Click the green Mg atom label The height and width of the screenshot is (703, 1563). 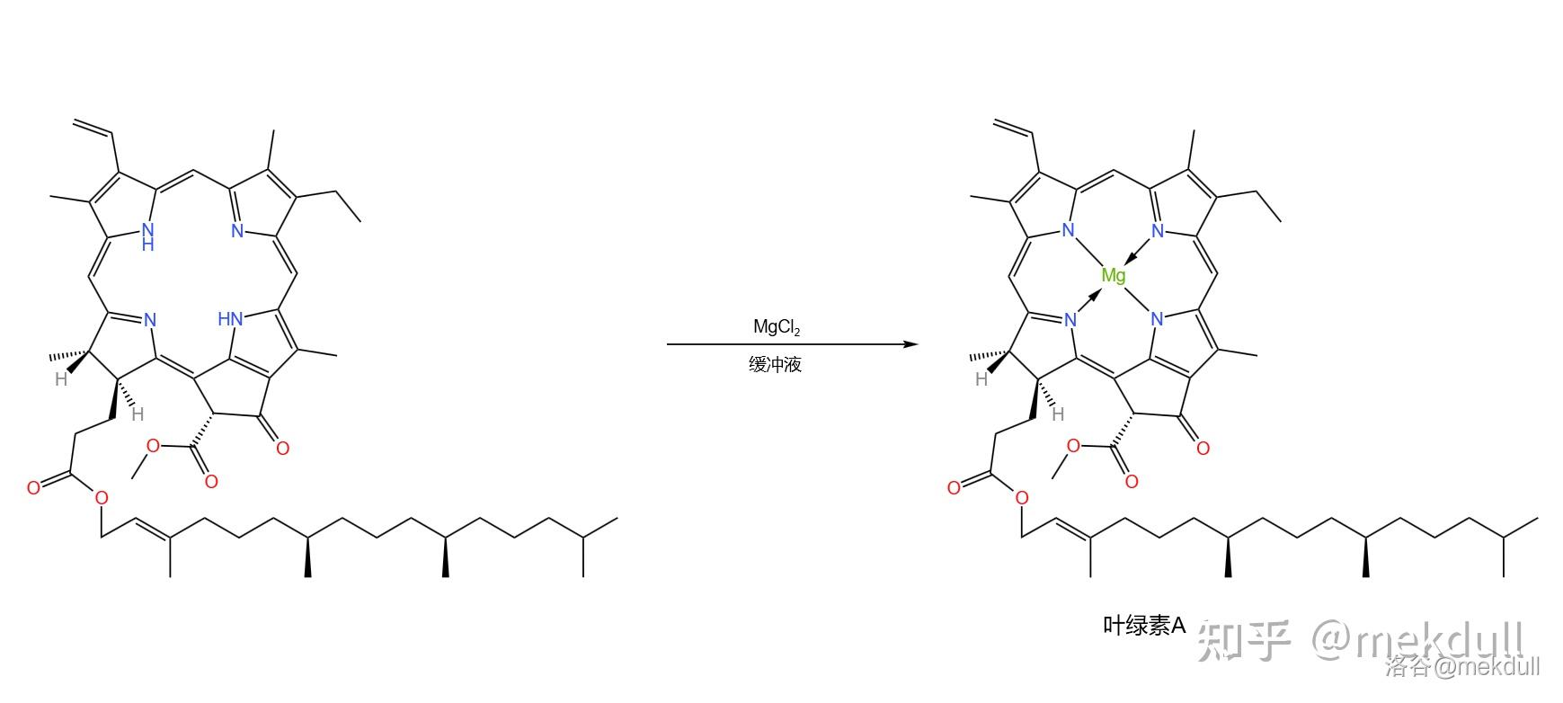click(x=1113, y=275)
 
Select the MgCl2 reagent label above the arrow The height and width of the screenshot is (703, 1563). click(x=777, y=327)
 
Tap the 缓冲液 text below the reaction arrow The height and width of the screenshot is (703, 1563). click(x=775, y=364)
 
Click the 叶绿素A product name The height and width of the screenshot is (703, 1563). click(x=1145, y=626)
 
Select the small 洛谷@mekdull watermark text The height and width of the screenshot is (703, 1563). click(x=1462, y=666)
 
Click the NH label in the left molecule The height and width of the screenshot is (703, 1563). click(x=148, y=236)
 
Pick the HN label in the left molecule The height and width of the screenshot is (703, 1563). click(x=231, y=318)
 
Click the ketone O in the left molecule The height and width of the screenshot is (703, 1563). click(x=282, y=447)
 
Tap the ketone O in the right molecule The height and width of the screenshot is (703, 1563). click(x=1203, y=447)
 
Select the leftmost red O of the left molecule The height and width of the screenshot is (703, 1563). click(x=34, y=488)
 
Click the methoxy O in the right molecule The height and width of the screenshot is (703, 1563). click(x=1073, y=445)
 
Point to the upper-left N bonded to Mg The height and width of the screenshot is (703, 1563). click(x=1068, y=230)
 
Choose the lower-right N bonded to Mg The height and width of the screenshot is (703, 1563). click(x=1157, y=318)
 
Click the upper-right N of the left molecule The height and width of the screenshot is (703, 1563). click(x=237, y=230)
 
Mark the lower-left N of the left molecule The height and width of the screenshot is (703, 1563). click(x=149, y=319)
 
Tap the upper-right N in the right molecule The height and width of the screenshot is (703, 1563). click(x=1158, y=230)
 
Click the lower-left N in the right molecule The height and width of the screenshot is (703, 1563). click(x=1070, y=319)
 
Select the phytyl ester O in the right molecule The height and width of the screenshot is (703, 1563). click(x=1021, y=498)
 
